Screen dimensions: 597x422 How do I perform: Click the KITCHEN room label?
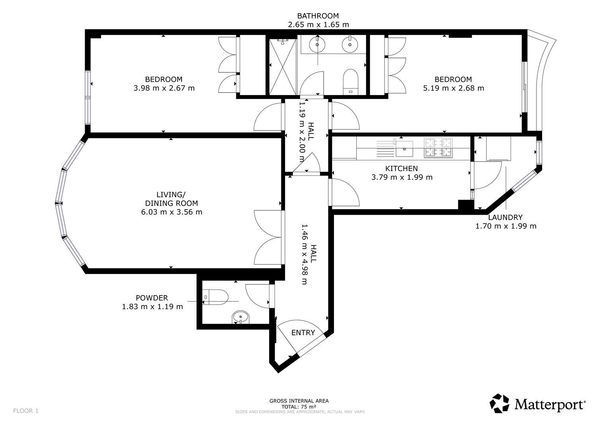tap(401, 168)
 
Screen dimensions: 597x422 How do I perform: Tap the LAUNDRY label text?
tap(505, 217)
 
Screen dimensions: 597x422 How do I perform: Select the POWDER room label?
tap(152, 298)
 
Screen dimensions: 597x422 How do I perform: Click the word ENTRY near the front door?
tap(303, 333)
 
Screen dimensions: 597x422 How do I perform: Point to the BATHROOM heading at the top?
tap(318, 16)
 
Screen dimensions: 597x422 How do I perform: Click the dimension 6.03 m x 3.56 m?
tap(172, 212)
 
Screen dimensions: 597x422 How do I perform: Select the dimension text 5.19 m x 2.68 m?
tap(453, 88)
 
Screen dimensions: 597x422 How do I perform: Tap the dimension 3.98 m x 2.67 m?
tap(164, 88)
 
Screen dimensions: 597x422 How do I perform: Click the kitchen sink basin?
tap(404, 149)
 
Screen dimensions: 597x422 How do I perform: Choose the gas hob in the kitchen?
tap(439, 148)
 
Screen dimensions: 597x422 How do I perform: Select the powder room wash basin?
tap(241, 317)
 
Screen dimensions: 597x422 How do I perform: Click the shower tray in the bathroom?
tap(283, 67)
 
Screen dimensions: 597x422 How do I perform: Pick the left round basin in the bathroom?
tap(317, 45)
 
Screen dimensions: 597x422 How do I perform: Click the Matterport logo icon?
tap(500, 403)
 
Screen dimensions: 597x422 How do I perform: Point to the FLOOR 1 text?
tap(26, 411)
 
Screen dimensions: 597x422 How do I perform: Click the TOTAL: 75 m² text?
tap(299, 407)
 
